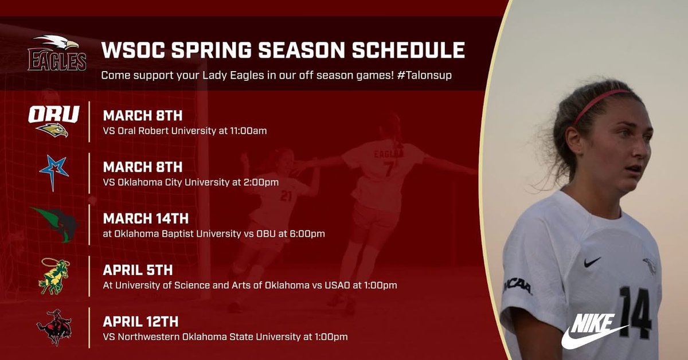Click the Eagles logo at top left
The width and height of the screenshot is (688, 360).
[57, 53]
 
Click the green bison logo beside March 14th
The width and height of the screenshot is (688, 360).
[56, 224]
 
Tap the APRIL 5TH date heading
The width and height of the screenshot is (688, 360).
[138, 270]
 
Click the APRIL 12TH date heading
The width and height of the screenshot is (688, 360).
[140, 322]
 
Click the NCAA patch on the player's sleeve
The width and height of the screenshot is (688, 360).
[518, 284]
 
